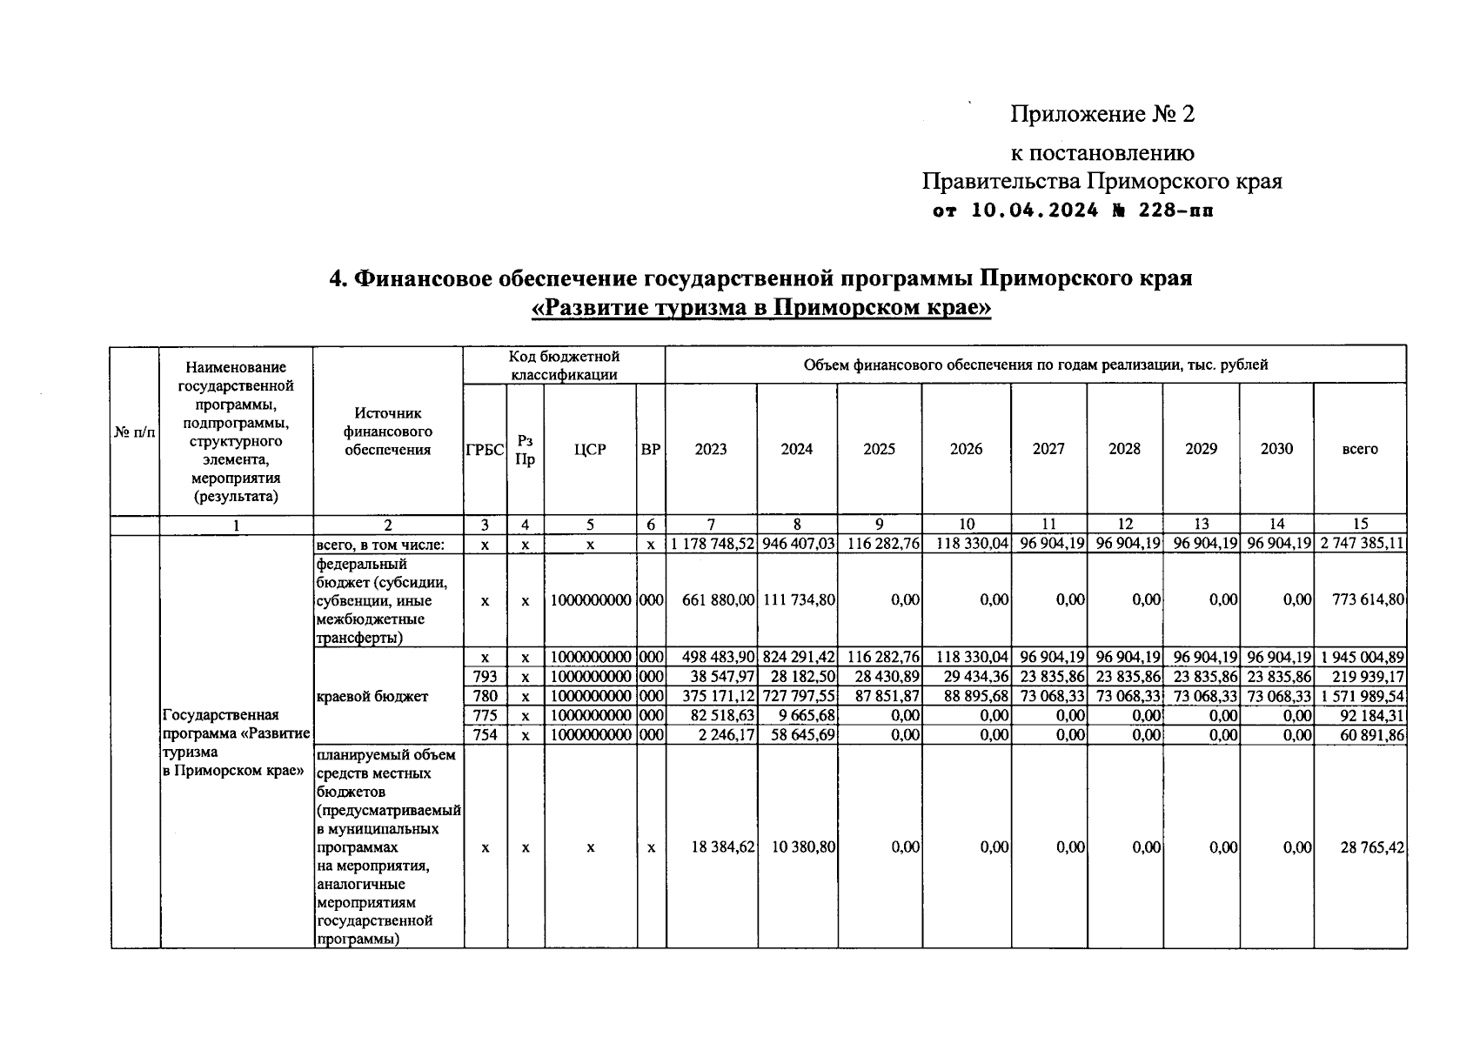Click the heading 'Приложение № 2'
1102,114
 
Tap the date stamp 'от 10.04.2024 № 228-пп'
1072,211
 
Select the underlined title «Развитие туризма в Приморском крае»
761,308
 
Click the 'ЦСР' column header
590,450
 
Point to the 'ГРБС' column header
485,450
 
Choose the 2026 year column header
966,449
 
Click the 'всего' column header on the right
1360,449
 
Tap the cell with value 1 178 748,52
712,545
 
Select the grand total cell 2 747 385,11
1360,545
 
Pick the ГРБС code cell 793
485,677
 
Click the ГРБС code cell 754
485,735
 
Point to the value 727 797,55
798,696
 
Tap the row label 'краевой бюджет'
372,696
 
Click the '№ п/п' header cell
135,432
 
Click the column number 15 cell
1360,524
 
